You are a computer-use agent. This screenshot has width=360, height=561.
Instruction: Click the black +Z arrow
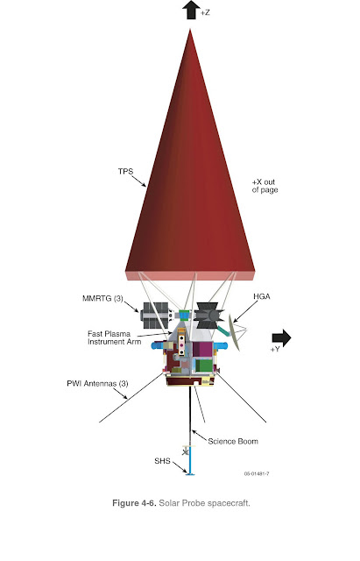coord(191,10)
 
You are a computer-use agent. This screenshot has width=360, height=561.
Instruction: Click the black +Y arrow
coord(281,337)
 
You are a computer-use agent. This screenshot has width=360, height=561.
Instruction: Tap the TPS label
coord(125,172)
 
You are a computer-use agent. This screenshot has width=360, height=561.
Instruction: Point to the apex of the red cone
coord(190,30)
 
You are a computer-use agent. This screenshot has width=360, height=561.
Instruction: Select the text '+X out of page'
coord(265,186)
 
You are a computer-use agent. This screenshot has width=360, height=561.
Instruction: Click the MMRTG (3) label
coord(102,298)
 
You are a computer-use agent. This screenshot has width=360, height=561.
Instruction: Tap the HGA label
coord(262,296)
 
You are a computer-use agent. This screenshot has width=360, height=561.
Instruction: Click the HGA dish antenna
coord(235,332)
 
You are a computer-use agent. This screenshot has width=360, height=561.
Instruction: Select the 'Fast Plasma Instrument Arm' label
coord(115,337)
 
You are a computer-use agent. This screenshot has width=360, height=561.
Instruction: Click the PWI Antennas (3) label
coord(97,384)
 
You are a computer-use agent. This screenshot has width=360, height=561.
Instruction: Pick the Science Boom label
coord(233,442)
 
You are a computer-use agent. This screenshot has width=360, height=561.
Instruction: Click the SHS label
coord(162,461)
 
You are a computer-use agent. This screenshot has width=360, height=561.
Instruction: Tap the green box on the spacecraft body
coord(203,366)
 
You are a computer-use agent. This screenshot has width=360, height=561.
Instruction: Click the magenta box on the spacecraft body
coord(202,349)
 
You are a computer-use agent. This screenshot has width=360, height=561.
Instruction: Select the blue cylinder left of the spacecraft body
coord(158,346)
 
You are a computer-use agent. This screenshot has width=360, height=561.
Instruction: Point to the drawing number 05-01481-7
coord(257,474)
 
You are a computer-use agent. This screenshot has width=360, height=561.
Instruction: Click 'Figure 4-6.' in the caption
coord(134,503)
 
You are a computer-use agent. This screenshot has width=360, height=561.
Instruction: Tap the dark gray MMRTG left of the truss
coord(156,316)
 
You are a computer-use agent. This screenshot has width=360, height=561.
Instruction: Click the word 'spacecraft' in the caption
coord(229,503)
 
